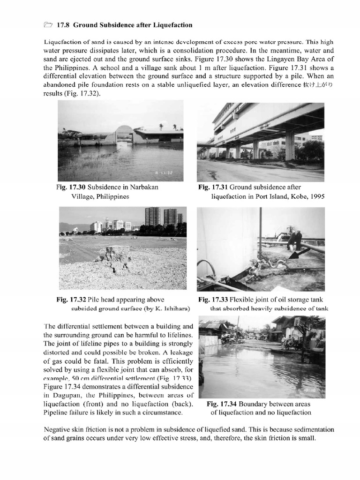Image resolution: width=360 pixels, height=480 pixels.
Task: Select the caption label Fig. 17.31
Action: [213, 187]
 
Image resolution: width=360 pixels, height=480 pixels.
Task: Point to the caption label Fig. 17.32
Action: [72, 300]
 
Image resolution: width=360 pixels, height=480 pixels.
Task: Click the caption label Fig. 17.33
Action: [213, 300]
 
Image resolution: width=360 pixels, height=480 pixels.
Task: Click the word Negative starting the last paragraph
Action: [59, 429]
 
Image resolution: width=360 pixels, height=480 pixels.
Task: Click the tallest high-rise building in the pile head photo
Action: [153, 217]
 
